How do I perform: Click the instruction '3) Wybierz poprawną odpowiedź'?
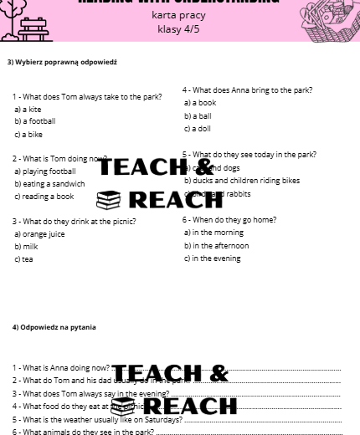point(62,62)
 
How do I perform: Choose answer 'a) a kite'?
point(28,109)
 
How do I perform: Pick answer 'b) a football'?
point(35,121)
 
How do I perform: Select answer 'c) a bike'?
point(28,134)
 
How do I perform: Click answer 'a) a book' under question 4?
point(200,103)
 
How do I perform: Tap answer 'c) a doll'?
point(198,129)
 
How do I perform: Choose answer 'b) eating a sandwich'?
point(49,184)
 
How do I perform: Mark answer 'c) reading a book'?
point(44,197)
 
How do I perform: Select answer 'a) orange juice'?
point(39,234)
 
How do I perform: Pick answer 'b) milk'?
point(26,247)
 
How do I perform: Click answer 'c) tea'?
point(23,259)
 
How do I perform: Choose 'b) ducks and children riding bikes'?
point(242,181)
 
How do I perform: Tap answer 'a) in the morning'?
point(214,233)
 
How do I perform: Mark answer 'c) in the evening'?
point(213,258)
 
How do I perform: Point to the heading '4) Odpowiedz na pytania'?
point(54,327)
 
